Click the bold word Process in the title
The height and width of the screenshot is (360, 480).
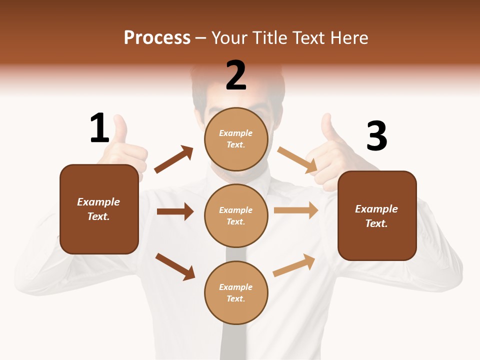(x=157, y=37)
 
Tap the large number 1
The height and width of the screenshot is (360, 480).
(x=99, y=128)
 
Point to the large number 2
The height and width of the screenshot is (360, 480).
(x=236, y=75)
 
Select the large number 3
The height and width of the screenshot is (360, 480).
(x=376, y=136)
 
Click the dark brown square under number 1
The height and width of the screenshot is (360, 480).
(x=99, y=209)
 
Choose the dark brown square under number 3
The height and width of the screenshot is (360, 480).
(x=377, y=216)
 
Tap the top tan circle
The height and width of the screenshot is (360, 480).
(x=236, y=139)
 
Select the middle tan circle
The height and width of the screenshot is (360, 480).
(x=236, y=215)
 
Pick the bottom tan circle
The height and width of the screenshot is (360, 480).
(x=236, y=292)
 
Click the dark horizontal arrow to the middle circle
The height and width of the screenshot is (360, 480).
(x=175, y=211)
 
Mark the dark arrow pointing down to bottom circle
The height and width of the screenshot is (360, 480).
(x=175, y=266)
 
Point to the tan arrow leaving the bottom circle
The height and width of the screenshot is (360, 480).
(x=294, y=265)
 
